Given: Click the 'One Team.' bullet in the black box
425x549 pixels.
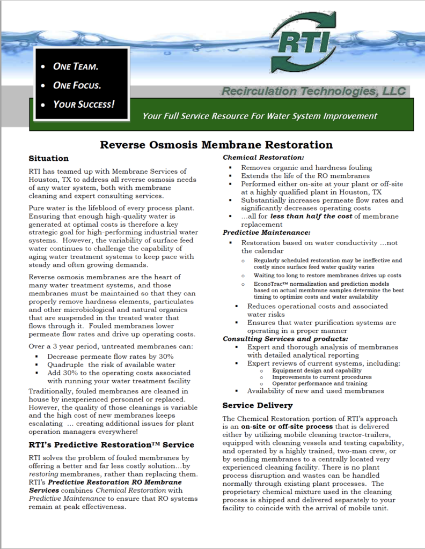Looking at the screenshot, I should pyautogui.click(x=75, y=67).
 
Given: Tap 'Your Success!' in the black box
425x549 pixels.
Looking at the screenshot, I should pyautogui.click(x=83, y=104).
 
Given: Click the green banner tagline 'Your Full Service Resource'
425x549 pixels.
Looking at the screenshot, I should pyautogui.click(x=260, y=116).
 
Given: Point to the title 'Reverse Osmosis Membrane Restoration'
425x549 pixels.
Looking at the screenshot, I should pyautogui.click(x=217, y=145).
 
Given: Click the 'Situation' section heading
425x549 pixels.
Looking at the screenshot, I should pyautogui.click(x=48, y=158).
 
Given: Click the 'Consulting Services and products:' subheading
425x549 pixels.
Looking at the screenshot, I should pyautogui.click(x=285, y=339).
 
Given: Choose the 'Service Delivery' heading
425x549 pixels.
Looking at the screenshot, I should pyautogui.click(x=258, y=405).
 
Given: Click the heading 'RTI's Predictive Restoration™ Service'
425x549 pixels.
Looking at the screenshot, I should pyautogui.click(x=112, y=444).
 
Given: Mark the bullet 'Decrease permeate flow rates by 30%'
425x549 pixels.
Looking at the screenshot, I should pyautogui.click(x=110, y=357).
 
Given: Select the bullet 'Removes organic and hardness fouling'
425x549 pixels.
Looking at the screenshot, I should pyautogui.click(x=306, y=168).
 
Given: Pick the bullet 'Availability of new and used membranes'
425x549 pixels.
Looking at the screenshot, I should pyautogui.click(x=316, y=391).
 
